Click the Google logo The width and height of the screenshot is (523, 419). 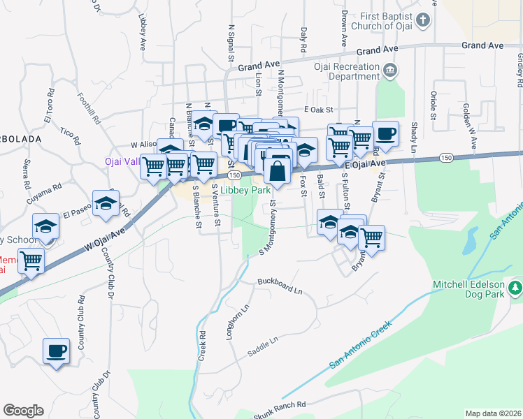tap(23, 411)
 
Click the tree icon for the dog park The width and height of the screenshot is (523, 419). tap(515, 287)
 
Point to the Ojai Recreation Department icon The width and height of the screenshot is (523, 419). tap(390, 69)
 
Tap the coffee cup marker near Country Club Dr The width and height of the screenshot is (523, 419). tap(56, 351)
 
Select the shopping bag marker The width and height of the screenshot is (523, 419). tap(278, 170)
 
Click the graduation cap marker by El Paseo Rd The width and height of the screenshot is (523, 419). tap(106, 203)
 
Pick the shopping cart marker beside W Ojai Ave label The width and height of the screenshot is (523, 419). tap(31, 262)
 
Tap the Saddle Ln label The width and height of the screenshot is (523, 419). tap(263, 347)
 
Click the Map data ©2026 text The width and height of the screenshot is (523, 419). tap(492, 413)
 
